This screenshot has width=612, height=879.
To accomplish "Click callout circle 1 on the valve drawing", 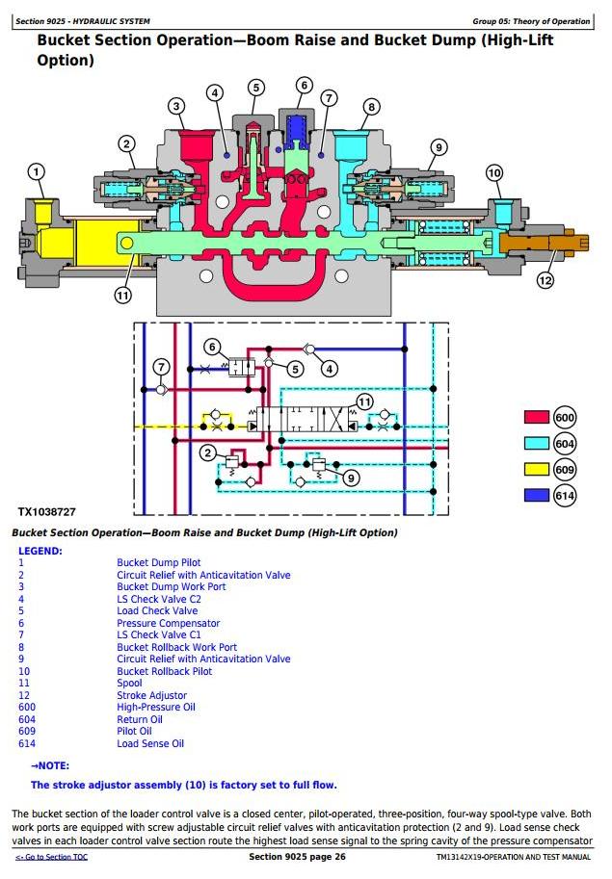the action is (37, 172).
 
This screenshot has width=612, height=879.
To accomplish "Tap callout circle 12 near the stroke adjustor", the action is (545, 279).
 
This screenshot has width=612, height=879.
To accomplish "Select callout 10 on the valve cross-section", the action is (494, 172).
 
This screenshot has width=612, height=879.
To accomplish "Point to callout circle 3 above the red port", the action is (176, 106).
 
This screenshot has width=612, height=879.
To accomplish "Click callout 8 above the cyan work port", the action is (371, 107).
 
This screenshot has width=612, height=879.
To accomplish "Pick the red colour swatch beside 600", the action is (536, 417).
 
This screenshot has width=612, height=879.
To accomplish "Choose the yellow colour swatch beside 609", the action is (536, 469).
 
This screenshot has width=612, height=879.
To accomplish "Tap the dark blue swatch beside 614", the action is (536, 495).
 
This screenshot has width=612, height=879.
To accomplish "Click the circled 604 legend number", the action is (565, 444).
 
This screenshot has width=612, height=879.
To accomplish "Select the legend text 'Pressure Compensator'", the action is (169, 623).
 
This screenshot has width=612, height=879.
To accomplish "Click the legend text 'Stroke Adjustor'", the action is (151, 695).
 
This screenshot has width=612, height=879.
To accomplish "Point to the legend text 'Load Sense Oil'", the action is (150, 743).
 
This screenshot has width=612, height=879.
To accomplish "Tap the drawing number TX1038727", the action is (46, 512).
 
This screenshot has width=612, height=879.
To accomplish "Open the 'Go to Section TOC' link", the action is (52, 857).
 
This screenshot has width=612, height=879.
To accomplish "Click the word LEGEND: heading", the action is (40, 551).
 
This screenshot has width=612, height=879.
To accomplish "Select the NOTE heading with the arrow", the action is (50, 765).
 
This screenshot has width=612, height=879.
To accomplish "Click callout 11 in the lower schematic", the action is (364, 401).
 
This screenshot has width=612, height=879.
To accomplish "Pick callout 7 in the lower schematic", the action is (162, 367).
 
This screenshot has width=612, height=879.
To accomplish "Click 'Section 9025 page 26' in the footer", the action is (297, 857).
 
